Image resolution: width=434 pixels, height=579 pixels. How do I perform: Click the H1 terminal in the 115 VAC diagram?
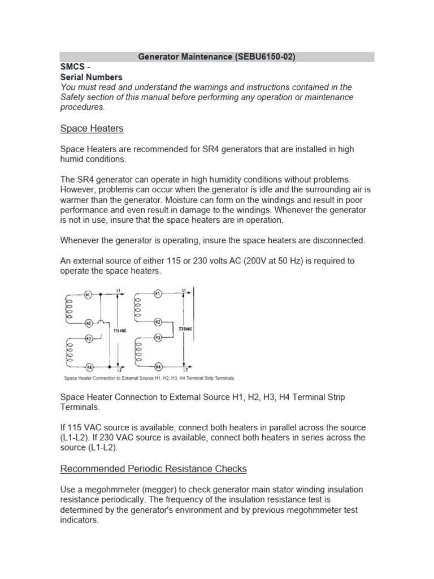pyautogui.click(x=88, y=295)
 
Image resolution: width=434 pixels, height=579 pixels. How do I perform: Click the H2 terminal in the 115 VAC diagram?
pyautogui.click(x=88, y=323)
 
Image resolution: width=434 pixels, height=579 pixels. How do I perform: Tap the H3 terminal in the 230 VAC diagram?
pyautogui.click(x=158, y=337)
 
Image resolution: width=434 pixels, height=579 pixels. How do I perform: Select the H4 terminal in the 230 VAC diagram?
pyautogui.click(x=158, y=365)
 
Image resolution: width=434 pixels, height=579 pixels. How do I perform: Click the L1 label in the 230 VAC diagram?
pyautogui.click(x=184, y=290)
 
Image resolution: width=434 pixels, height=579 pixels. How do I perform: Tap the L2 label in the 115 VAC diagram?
pyautogui.click(x=118, y=369)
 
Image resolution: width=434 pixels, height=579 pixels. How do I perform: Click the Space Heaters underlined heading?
pyautogui.click(x=92, y=128)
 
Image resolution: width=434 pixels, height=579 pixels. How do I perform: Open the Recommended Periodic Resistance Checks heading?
pyautogui.click(x=153, y=469)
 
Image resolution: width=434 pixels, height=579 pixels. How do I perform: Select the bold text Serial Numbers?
pyautogui.click(x=91, y=77)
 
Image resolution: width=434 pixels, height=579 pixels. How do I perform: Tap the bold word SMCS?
pyautogui.click(x=72, y=67)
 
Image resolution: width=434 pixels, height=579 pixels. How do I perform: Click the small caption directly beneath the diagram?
pyautogui.click(x=147, y=378)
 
